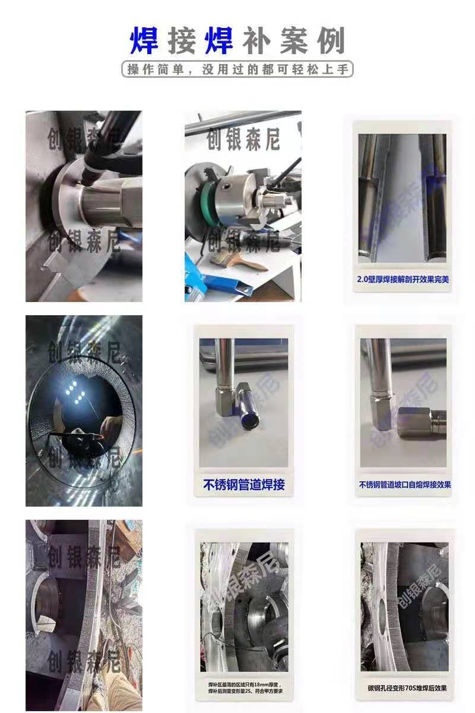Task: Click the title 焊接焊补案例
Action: click(237, 41)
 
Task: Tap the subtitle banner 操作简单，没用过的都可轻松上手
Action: click(237, 69)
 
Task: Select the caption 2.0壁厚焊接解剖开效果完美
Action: click(403, 278)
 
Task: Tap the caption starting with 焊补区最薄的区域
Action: click(245, 688)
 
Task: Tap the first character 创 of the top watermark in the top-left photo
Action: click(56, 137)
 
